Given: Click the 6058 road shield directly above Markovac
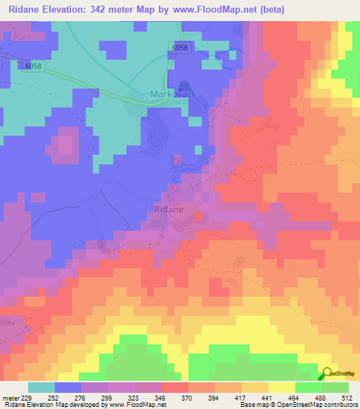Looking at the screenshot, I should coord(179,48).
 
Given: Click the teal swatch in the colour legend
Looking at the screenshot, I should coord(41,387).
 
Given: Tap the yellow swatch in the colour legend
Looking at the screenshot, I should coord(281,387).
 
